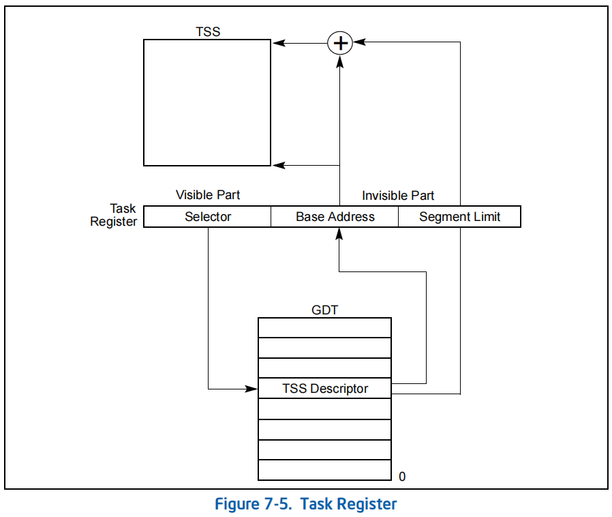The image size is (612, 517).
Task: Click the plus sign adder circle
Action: [x=339, y=43]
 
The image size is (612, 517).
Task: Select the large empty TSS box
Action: [x=207, y=102]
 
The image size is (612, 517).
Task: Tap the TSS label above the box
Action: [x=208, y=31]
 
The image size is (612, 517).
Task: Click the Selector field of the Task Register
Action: [x=208, y=217]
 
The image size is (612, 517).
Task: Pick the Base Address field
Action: [x=335, y=217]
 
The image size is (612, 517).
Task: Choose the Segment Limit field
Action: [x=459, y=217]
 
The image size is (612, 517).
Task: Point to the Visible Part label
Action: [x=208, y=195]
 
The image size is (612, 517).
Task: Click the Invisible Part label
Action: [x=398, y=196]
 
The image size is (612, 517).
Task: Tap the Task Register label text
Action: [x=114, y=215]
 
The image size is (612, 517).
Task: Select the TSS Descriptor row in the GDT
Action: [x=325, y=389]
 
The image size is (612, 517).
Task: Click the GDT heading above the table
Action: [x=324, y=310]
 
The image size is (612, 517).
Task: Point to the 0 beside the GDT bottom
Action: [x=402, y=477]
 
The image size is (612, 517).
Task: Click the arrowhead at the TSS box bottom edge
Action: [x=277, y=165]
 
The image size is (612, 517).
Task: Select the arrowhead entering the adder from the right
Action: [x=357, y=42]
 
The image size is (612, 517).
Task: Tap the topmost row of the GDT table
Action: [x=324, y=327]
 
